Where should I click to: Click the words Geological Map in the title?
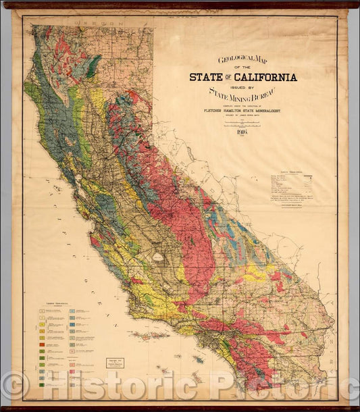(242, 59)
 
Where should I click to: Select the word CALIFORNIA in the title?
(265, 77)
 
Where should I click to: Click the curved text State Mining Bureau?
(242, 97)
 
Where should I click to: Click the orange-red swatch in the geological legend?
(42, 344)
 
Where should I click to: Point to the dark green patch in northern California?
(93, 64)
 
